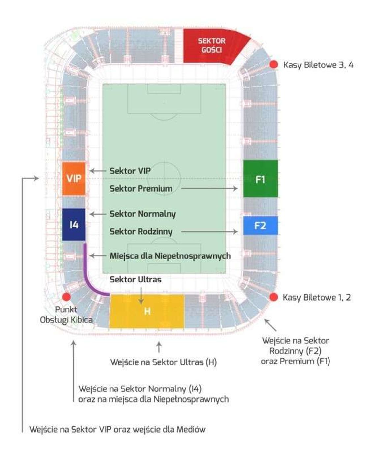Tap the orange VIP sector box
(74, 178)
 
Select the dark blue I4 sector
(74, 225)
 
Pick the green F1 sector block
(260, 179)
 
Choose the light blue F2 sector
(260, 226)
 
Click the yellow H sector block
(147, 311)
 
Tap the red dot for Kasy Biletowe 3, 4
(273, 65)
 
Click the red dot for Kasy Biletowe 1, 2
(273, 297)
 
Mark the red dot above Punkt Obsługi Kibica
(66, 297)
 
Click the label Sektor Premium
(141, 189)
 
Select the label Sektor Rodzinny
(141, 231)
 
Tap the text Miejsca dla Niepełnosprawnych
(170, 256)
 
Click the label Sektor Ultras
(135, 280)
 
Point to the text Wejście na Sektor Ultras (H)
(163, 362)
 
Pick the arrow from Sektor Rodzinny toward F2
(209, 232)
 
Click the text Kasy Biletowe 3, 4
(318, 65)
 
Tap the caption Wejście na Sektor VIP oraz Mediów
(117, 429)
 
